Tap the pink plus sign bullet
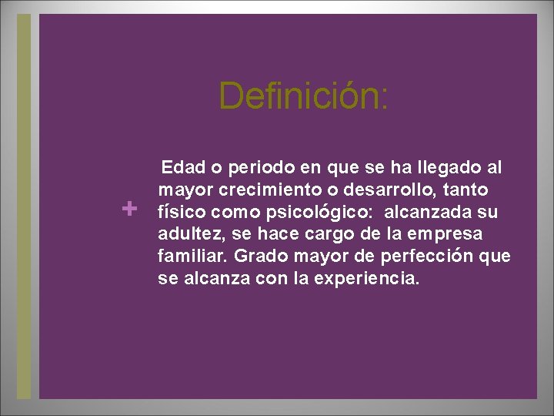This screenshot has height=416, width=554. pyautogui.click(x=130, y=208)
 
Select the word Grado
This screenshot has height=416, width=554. pyautogui.click(x=259, y=257)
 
